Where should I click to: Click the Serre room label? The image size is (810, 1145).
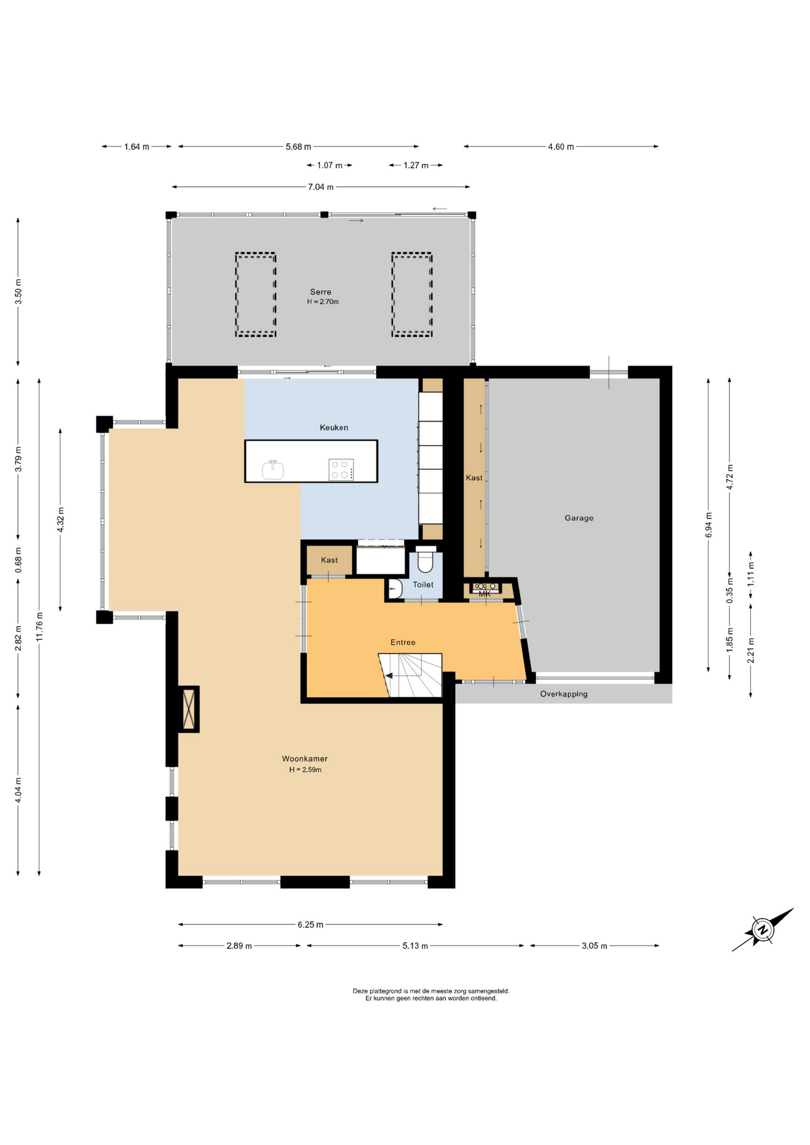point(320,292)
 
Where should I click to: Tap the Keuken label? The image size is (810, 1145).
point(333,427)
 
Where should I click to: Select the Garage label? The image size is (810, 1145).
point(579,518)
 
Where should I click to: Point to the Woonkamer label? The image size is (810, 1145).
point(305,759)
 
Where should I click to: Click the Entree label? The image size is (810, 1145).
point(403,642)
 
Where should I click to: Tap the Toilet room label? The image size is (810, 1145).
point(423,584)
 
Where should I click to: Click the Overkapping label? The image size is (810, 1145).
point(564,694)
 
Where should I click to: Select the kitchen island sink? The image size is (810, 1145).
point(273,469)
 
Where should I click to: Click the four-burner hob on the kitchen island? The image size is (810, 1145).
point(341,469)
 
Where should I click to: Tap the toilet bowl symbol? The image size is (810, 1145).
point(425,559)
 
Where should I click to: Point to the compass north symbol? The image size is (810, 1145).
point(762,930)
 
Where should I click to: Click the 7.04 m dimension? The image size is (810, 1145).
point(321,187)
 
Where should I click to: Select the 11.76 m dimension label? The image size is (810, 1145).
point(39,626)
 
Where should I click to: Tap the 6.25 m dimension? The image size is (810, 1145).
point(310,924)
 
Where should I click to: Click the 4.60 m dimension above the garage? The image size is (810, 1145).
point(561,146)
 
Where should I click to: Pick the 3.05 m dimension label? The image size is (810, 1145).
point(594,945)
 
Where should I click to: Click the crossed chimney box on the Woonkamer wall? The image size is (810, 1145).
point(190,709)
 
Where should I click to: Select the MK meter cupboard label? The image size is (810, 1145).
point(484,593)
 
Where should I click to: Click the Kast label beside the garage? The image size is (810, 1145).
point(474,478)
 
